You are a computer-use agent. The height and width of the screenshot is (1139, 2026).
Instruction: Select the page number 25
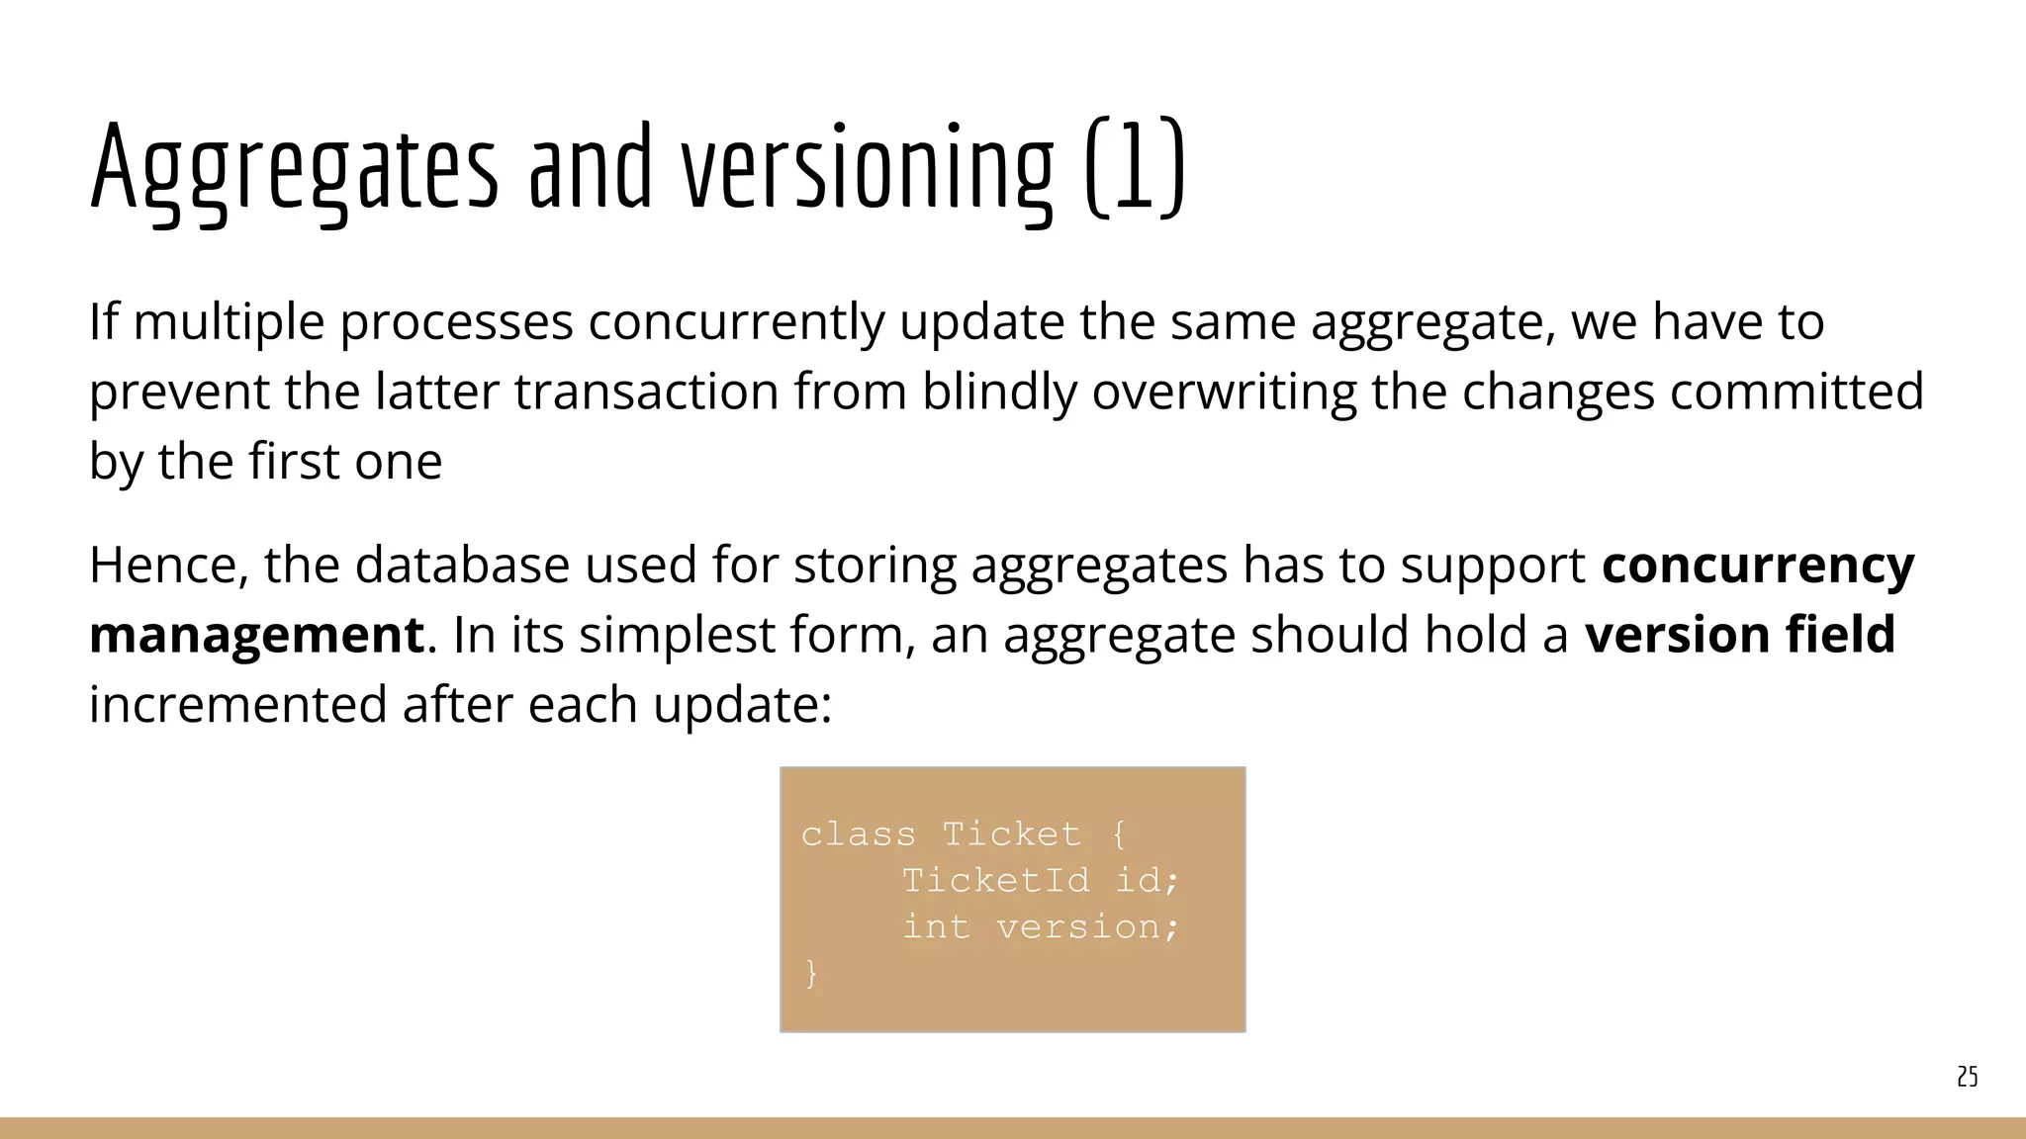coord(1967,1077)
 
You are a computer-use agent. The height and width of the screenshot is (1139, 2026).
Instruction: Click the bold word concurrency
coord(1758,566)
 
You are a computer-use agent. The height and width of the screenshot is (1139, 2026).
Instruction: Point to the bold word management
coord(256,635)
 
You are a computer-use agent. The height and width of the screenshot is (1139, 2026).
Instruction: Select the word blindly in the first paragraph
coord(999,392)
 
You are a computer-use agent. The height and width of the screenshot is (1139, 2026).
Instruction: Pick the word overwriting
coord(1224,392)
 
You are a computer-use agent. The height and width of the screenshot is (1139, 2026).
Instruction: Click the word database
coord(462,566)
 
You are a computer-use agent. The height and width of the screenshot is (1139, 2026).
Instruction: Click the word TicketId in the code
coord(995,880)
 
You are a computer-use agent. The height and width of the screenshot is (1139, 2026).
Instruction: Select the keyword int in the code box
coord(935,926)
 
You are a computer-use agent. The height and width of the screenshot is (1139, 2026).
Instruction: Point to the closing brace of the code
coord(811,973)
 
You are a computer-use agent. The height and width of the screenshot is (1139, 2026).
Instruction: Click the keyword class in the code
coord(858,834)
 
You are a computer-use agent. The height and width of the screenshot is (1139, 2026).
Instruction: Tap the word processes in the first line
coord(457,323)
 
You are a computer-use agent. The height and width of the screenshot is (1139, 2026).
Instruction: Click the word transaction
coord(646,392)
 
